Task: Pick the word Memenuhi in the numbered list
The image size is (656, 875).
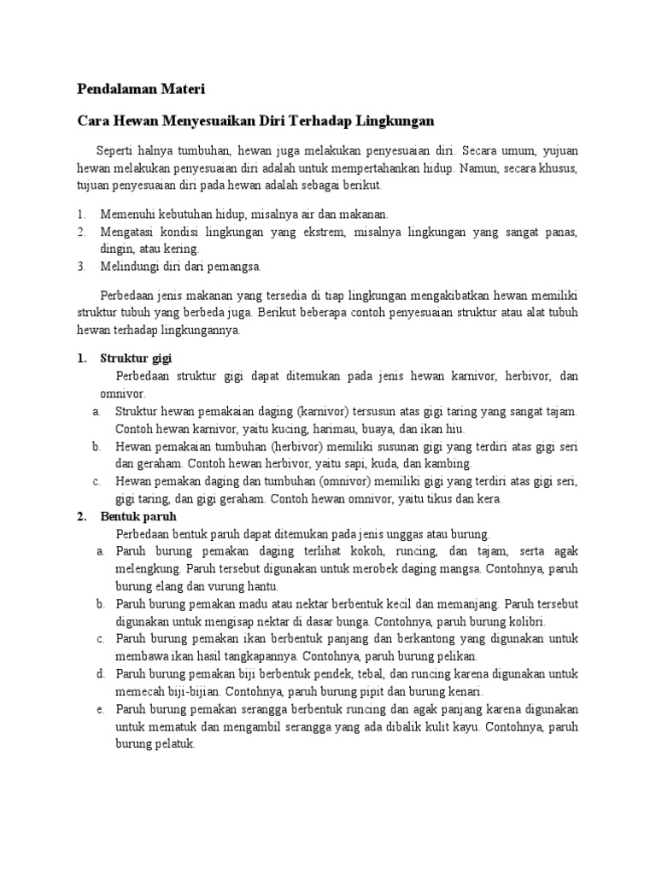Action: point(126,214)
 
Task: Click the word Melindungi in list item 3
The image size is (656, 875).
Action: point(128,267)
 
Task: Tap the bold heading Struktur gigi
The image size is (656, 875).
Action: point(136,358)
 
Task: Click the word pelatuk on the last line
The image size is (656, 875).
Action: point(174,743)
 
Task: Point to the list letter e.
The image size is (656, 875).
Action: point(101,709)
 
